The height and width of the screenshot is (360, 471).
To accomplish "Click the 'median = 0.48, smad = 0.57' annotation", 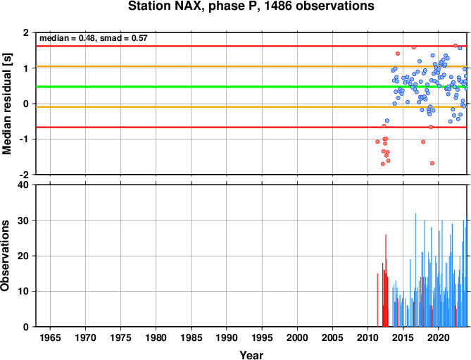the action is (94, 38).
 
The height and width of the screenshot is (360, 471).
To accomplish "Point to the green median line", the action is (251, 87).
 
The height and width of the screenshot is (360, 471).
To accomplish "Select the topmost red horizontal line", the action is (251, 46).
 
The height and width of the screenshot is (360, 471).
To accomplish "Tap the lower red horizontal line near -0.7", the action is (251, 128).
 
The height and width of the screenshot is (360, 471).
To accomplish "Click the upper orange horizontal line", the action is (251, 66).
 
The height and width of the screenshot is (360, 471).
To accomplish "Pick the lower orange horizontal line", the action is (251, 107).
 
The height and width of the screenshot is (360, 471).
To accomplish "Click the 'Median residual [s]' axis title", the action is (7, 104).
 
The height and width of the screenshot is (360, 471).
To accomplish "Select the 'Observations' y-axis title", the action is (5, 256).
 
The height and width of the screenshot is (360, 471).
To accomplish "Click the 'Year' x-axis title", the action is (251, 355).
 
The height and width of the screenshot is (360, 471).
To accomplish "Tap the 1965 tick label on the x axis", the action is (50, 337).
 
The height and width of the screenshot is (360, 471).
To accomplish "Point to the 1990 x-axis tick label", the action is (227, 337).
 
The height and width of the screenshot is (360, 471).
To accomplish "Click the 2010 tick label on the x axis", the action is (368, 337).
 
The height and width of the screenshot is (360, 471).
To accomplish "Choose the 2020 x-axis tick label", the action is (438, 337).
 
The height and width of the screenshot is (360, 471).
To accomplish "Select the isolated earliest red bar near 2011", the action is (377, 300).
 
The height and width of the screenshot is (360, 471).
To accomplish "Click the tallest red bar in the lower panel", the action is (386, 280).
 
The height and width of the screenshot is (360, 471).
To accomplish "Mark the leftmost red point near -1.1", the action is (377, 142).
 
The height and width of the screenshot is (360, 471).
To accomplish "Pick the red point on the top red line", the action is (455, 46).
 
